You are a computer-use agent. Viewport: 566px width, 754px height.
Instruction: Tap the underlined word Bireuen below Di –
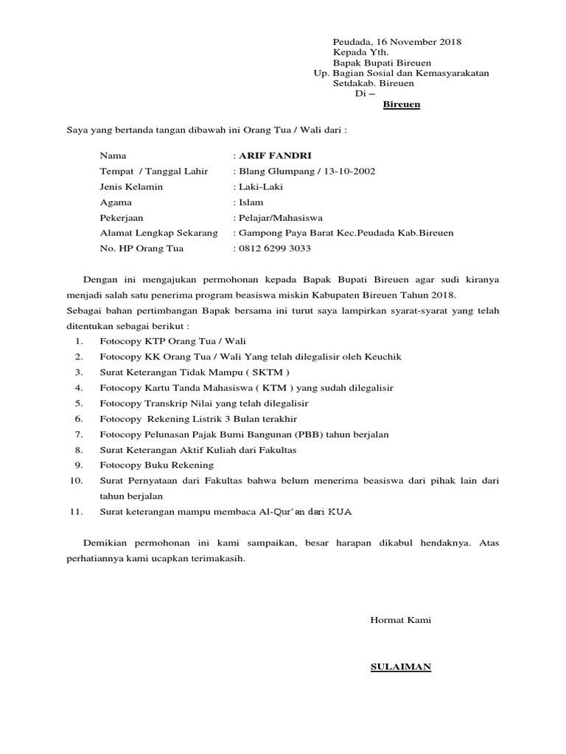402,105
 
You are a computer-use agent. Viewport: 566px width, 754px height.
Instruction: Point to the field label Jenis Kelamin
131,186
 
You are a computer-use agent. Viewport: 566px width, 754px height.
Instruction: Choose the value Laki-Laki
259,186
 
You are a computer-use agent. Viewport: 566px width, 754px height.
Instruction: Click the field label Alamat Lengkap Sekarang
158,233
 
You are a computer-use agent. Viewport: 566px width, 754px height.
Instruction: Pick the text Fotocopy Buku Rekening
156,465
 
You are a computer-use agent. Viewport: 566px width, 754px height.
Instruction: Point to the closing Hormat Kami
400,619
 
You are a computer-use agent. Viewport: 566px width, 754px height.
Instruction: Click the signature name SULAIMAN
400,667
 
